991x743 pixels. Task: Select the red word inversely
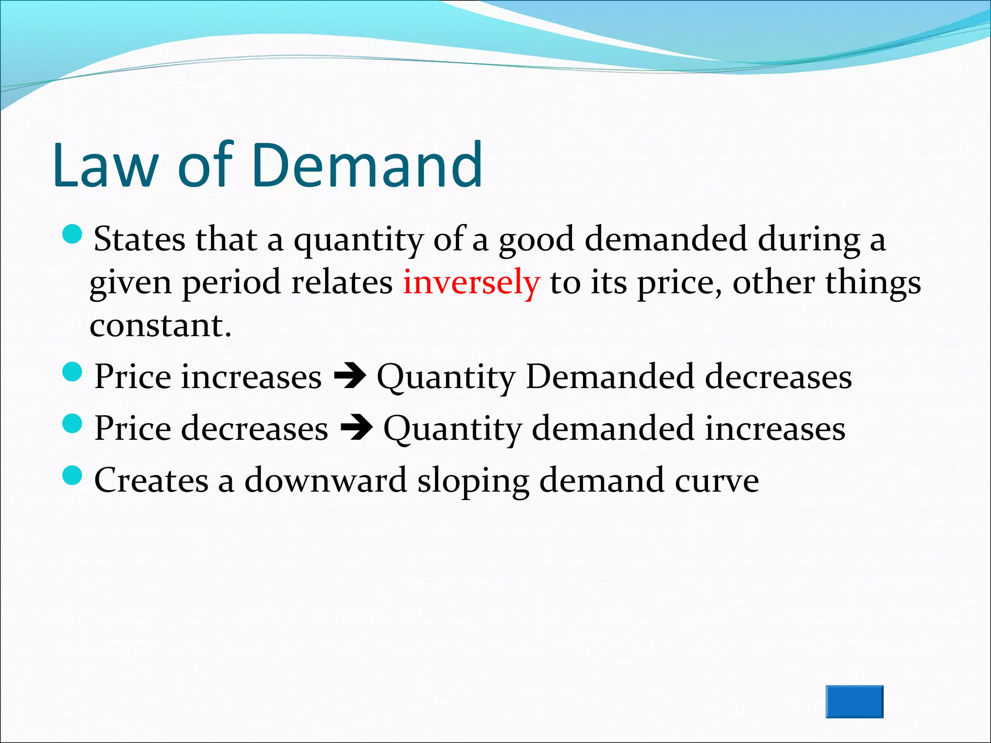471,282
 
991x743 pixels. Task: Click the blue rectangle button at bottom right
854,701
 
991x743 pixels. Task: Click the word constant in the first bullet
160,325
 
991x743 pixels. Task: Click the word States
139,239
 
